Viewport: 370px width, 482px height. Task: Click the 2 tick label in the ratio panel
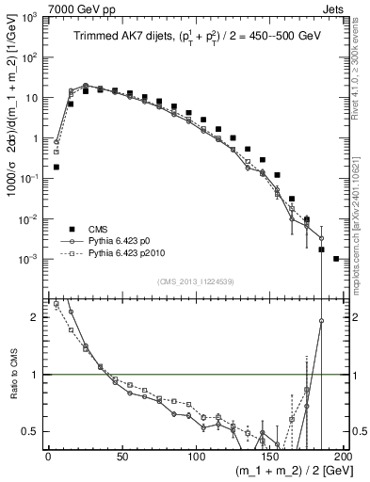coord(35,318)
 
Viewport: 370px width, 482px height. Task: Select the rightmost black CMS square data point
coord(336,258)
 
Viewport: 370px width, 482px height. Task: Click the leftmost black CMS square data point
coord(56,167)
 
